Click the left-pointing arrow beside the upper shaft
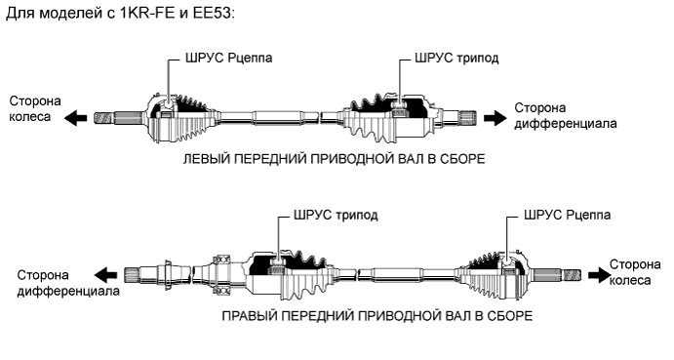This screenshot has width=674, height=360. pyautogui.click(x=74, y=116)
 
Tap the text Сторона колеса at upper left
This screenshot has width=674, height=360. pyautogui.click(x=32, y=109)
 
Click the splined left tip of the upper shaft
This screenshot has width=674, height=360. pyautogui.click(x=101, y=117)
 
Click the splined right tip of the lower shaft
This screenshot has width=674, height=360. pyautogui.click(x=572, y=274)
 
